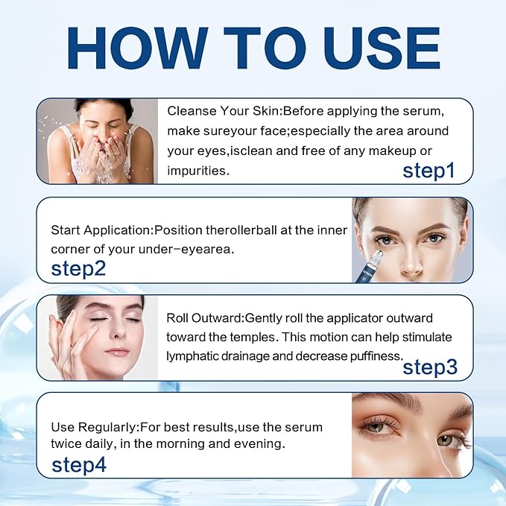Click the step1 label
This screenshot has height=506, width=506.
[428, 171]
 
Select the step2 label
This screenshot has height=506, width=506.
[78, 269]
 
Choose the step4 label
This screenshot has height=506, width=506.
[78, 465]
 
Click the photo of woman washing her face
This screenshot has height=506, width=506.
[97, 141]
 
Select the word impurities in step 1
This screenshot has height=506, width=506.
[197, 170]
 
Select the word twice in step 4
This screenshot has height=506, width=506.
[65, 445]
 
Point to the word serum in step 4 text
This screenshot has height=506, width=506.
[306, 427]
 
